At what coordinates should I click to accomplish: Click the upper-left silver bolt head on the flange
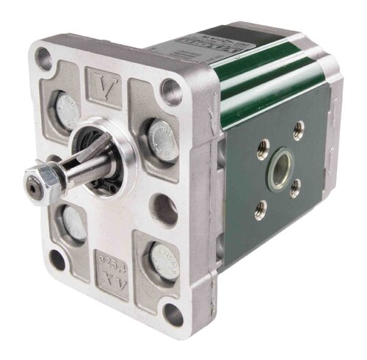[67, 108]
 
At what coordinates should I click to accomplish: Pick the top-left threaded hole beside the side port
[261, 155]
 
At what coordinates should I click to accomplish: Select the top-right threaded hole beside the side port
[298, 132]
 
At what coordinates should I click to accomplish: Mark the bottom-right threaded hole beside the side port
[295, 190]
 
